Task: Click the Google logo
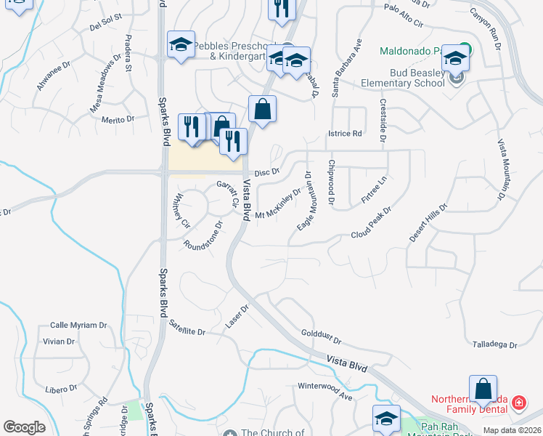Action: click(x=25, y=427)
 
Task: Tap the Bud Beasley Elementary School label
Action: click(x=403, y=78)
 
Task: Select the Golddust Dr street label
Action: click(x=320, y=336)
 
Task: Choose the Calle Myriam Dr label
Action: click(x=78, y=325)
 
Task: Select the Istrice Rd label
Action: click(x=345, y=134)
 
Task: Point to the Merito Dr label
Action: click(x=118, y=118)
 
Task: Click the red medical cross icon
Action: click(x=519, y=402)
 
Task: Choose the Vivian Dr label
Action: click(x=59, y=341)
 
